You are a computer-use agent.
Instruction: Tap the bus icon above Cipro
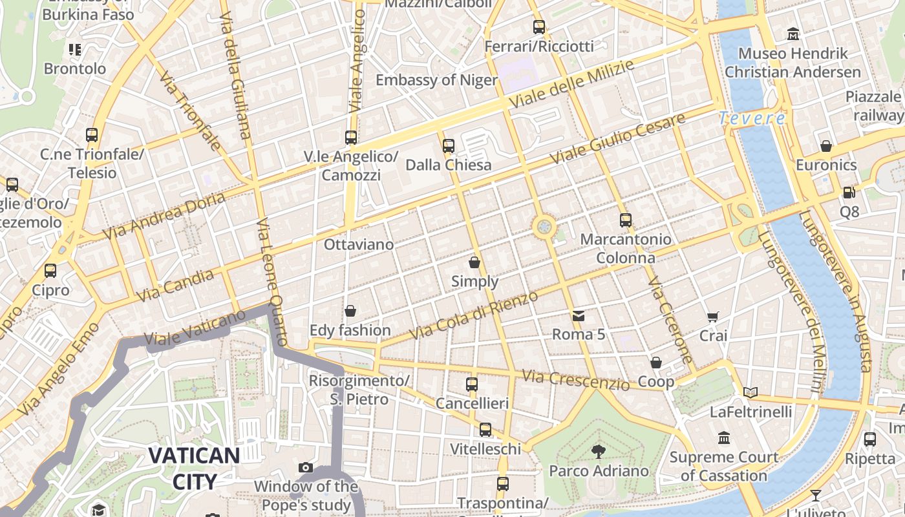pos(50,271)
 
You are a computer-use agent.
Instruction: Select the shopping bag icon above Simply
pos(474,262)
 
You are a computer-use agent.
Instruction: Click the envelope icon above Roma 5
pos(578,315)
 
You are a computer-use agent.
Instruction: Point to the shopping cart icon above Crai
pos(713,317)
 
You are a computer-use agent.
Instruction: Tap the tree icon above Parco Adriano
pos(599,451)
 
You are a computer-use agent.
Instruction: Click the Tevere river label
pos(752,118)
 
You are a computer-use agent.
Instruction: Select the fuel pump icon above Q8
pos(849,192)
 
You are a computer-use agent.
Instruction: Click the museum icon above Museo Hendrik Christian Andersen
pos(793,34)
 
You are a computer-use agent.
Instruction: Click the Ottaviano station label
pos(359,244)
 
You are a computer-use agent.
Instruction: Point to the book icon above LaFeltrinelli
pos(751,392)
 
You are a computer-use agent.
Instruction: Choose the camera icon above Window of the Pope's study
pos(306,467)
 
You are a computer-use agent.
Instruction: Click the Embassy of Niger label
pos(436,80)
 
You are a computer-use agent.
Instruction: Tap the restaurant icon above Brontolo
pos(75,49)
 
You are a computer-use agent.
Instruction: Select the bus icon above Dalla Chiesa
pos(449,146)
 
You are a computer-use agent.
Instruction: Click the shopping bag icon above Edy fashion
pos(350,311)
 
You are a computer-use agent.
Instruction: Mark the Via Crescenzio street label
pos(575,380)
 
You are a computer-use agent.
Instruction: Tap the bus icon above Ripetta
pos(870,439)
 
